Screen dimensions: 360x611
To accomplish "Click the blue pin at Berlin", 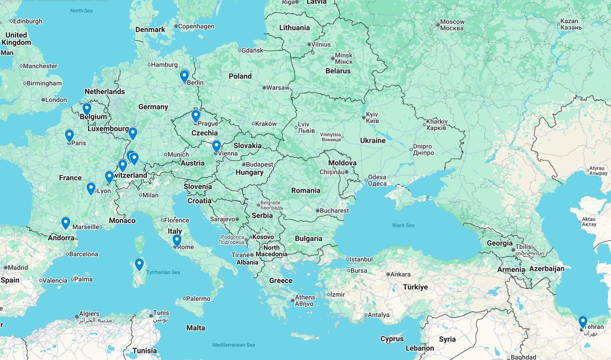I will coord(184,76).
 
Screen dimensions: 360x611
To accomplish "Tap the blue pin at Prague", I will coord(196,116).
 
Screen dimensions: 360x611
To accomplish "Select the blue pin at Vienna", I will coord(216,146).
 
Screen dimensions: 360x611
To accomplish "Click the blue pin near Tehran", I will coord(582,321).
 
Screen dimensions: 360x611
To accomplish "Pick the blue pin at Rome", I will coord(177,240).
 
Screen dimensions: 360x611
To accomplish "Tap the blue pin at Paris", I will coord(69,135).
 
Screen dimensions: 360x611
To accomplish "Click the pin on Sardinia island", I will coord(139,264).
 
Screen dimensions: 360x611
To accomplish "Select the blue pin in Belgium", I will coord(87,108).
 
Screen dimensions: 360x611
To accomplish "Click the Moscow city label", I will coord(452,22).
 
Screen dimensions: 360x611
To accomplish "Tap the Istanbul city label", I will coord(362,259).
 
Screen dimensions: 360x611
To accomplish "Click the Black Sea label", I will coord(403,225).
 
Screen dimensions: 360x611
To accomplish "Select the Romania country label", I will coord(306,190).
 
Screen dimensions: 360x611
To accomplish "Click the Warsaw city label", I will coord(278,88).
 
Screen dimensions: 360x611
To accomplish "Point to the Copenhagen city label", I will coord(196,26).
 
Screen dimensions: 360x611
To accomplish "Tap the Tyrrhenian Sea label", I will coord(163,272).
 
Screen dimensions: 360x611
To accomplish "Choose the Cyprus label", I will coord(392,339).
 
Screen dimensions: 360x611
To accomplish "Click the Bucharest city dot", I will coord(317,210).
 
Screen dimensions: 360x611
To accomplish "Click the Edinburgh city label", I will coord(28,21).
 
